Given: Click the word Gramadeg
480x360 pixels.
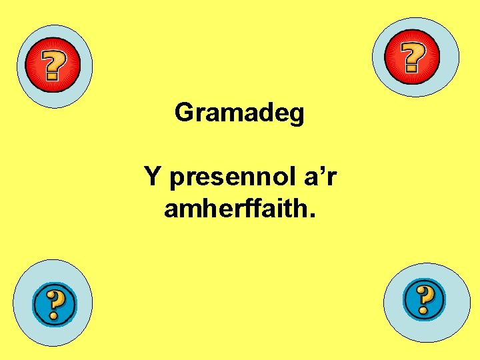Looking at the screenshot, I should point(239,113).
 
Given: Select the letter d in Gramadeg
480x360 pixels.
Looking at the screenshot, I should point(260,112).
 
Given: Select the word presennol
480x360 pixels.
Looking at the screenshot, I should point(227,179).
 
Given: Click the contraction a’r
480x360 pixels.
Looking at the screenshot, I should point(316,177).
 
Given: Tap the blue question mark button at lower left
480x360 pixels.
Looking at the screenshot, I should point(55,305).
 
